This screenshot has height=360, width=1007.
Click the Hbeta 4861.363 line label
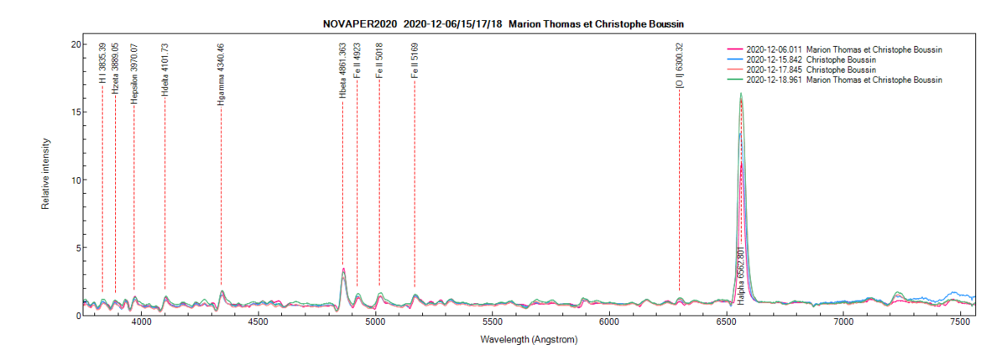pos(342,73)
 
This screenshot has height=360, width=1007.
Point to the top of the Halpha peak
pos(740,94)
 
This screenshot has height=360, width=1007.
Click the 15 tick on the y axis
pos(75,112)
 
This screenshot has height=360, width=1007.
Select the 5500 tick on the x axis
pos(493,323)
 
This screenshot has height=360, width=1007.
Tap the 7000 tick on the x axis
pos(843,323)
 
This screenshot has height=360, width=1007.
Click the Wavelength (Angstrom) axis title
pos(529,341)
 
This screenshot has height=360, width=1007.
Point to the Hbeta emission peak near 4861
pos(343,269)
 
